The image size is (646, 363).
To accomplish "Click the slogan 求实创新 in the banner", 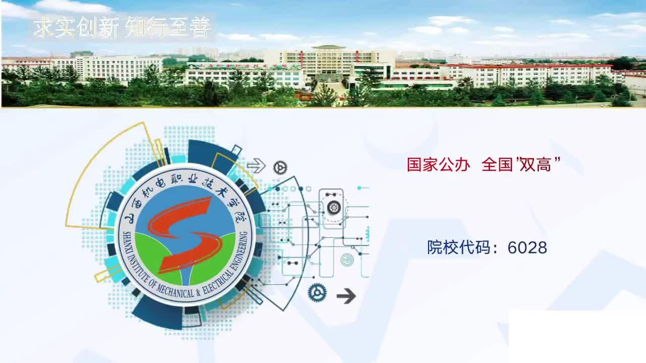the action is click(76, 27).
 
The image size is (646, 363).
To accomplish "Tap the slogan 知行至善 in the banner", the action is click(168, 27).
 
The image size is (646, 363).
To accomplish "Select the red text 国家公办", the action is click(439, 165).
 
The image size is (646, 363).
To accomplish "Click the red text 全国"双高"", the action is click(521, 164).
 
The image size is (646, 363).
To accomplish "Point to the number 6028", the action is click(527, 248).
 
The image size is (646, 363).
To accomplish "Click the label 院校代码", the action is click(459, 247).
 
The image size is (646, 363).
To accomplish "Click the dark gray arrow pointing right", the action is click(346, 295).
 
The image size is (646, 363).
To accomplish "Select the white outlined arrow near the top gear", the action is click(256, 166).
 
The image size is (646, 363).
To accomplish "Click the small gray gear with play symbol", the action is click(280, 167).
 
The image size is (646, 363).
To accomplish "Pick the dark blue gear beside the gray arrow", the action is click(317, 292).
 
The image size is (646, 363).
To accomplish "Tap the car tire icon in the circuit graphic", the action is click(334, 207).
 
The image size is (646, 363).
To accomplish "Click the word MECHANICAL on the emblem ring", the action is click(175, 291).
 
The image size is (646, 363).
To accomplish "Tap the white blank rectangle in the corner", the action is click(577, 336).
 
